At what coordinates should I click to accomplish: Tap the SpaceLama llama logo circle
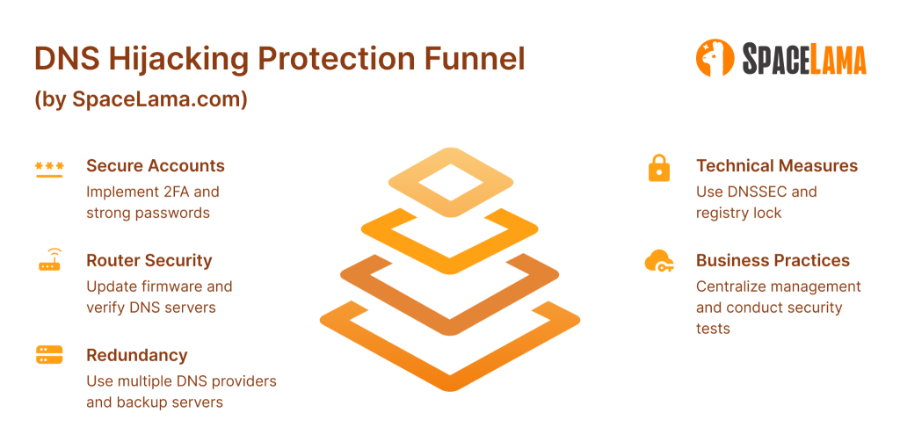tap(715, 57)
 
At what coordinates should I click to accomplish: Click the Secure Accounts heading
tap(156, 166)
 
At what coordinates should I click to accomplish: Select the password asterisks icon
tap(49, 169)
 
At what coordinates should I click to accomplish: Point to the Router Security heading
tap(149, 261)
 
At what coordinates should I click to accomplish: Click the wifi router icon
tap(50, 259)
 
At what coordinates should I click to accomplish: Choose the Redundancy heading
tap(137, 355)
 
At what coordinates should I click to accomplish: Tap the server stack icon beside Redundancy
tap(49, 355)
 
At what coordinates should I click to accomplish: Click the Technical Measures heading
tap(777, 166)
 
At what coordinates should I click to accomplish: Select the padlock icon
tap(659, 168)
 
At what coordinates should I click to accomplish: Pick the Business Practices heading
tap(773, 261)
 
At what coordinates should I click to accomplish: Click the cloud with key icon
tap(659, 261)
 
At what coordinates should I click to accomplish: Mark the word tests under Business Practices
tap(713, 329)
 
